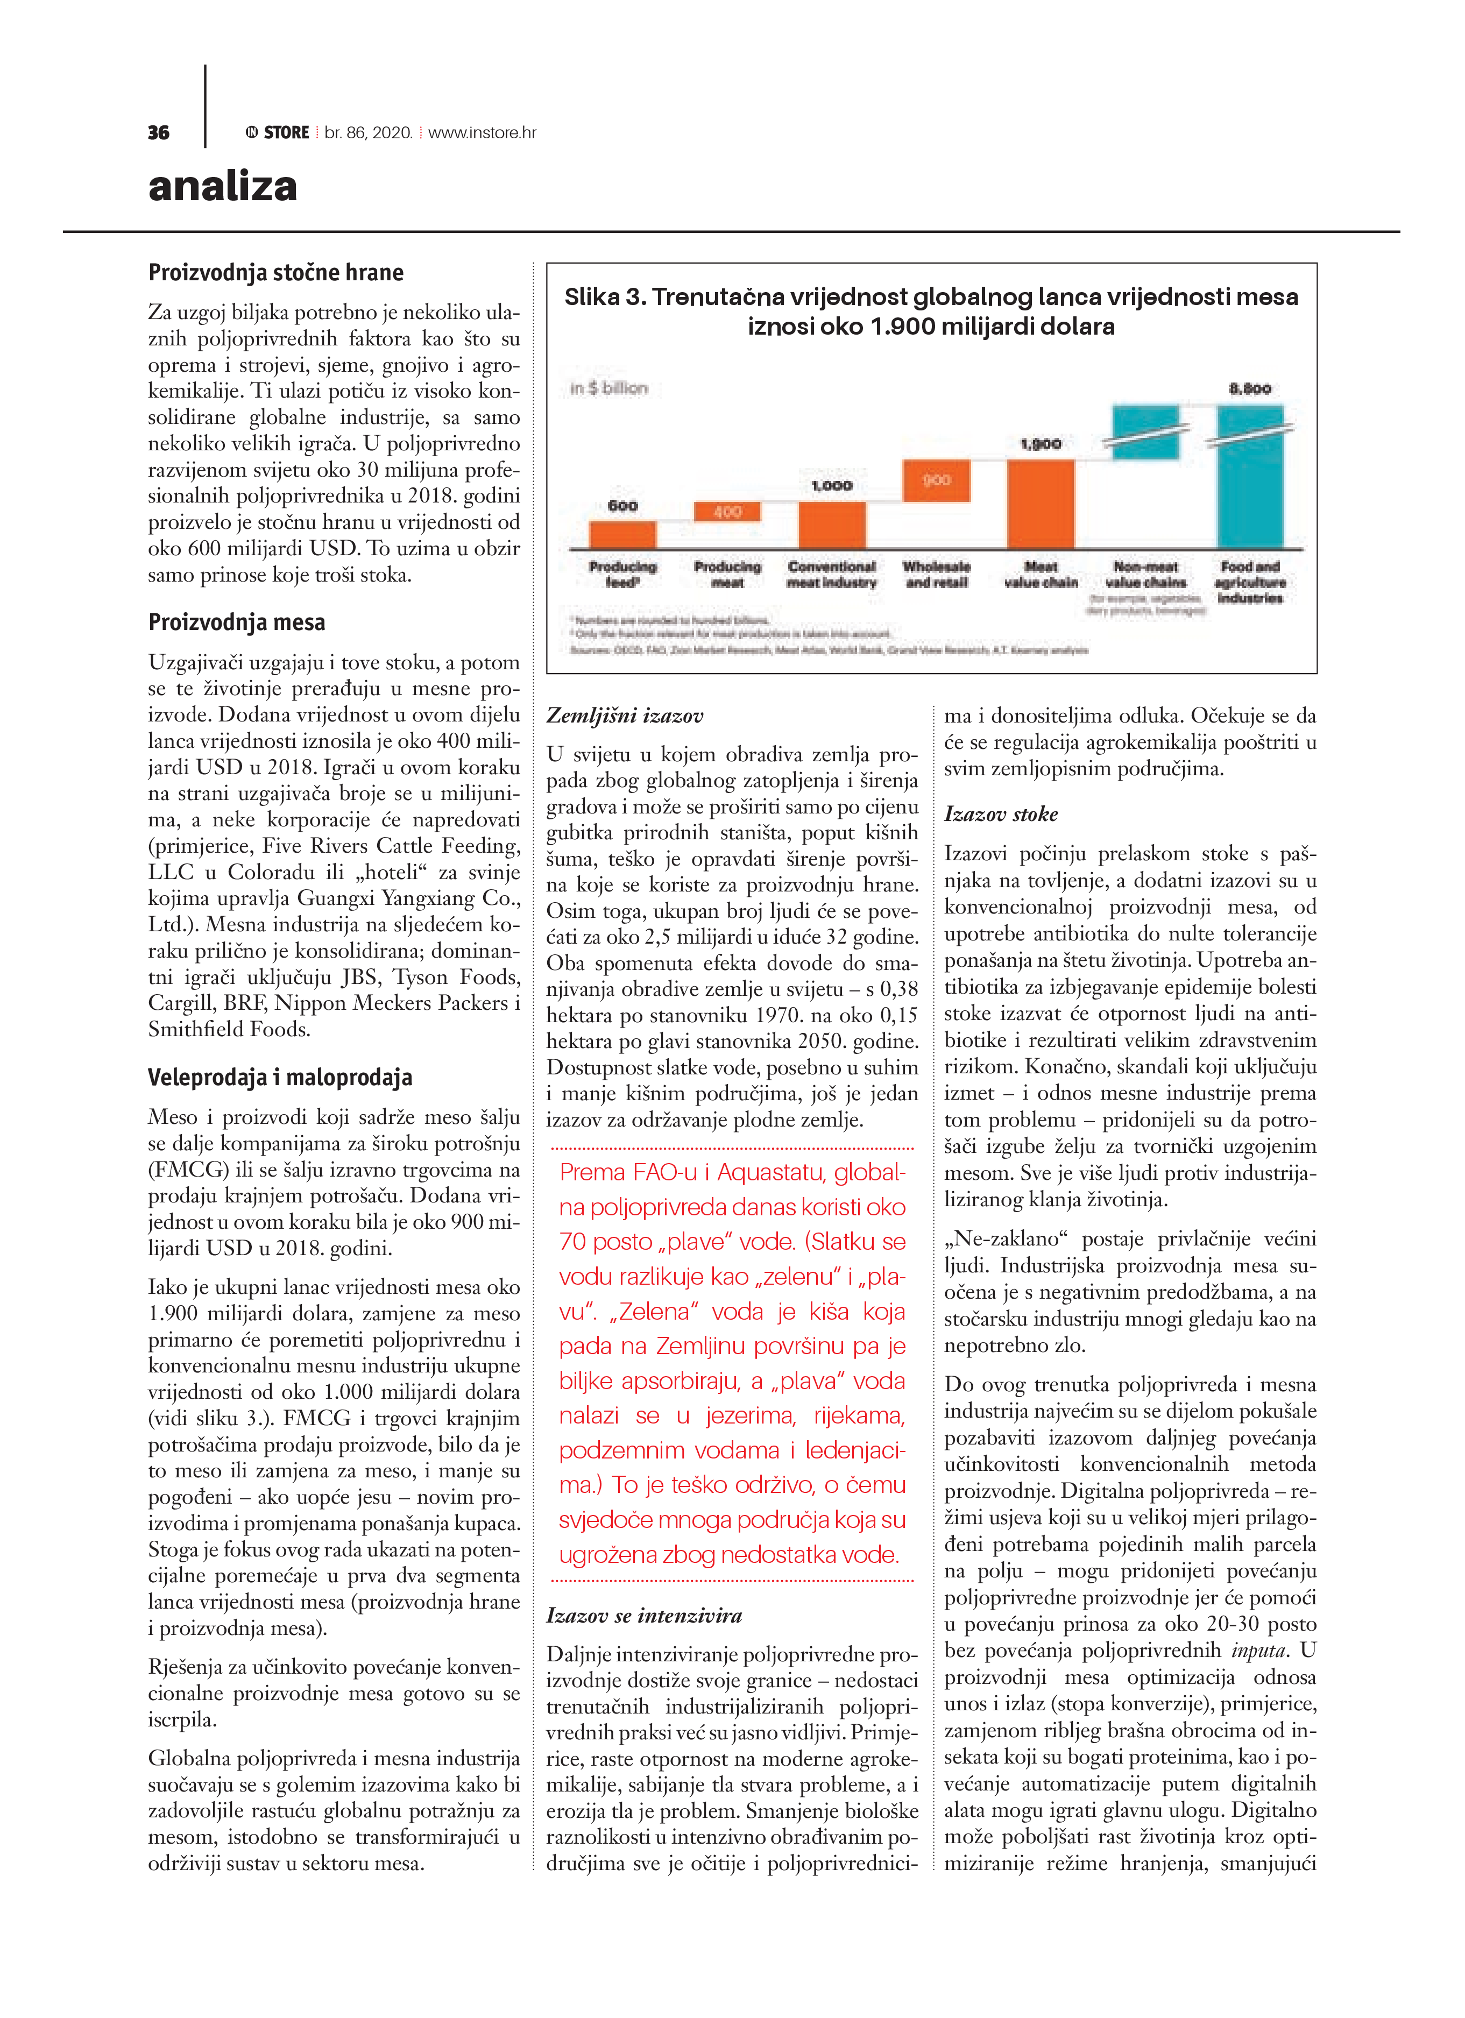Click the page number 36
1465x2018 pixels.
158,132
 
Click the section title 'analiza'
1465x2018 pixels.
223,186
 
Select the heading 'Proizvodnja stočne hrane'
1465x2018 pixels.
276,272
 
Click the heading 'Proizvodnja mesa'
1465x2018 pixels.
237,622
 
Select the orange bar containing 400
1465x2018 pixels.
727,512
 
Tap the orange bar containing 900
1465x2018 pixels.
936,480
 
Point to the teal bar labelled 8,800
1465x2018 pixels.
1250,476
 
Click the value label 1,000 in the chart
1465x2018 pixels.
831,486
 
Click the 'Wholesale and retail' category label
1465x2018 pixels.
936,575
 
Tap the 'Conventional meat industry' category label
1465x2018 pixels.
831,575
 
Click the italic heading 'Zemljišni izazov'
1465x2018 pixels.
625,716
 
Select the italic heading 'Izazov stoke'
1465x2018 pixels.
1000,814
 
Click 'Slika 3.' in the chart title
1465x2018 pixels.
604,297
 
